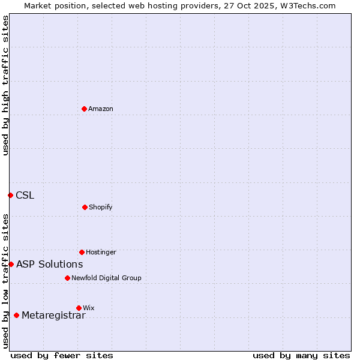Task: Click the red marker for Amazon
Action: click(85, 109)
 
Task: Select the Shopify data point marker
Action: click(85, 207)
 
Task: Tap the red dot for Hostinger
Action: click(82, 252)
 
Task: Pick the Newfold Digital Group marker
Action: click(67, 278)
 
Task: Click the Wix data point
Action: click(79, 308)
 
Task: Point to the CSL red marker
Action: click(10, 195)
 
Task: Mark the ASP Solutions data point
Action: click(11, 264)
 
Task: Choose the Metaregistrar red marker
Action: click(16, 315)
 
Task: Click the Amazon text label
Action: click(101, 109)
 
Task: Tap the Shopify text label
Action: click(101, 207)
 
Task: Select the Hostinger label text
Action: click(101, 252)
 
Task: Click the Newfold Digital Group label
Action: click(106, 278)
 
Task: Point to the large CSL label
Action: click(25, 195)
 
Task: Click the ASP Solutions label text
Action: click(49, 264)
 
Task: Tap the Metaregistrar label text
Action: click(53, 316)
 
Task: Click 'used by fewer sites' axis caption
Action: click(62, 355)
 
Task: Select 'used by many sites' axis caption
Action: click(301, 355)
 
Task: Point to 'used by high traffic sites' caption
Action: click(5, 85)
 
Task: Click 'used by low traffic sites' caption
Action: click(5, 281)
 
